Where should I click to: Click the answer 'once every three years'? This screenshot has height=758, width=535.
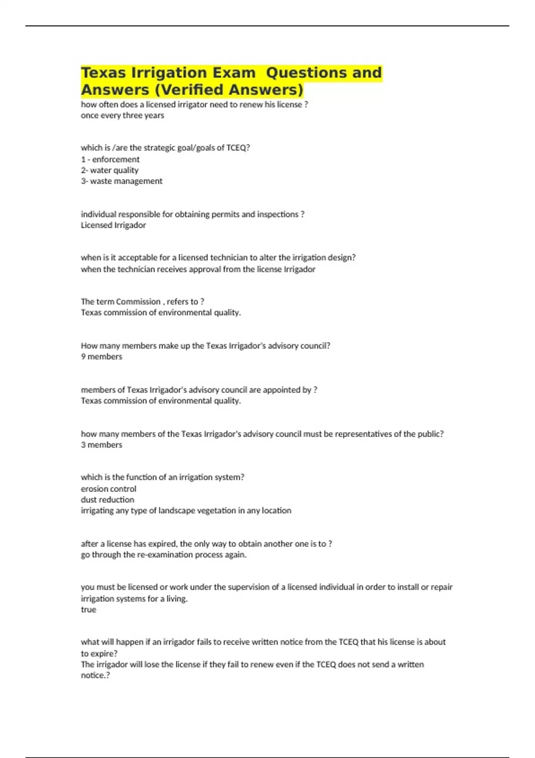click(122, 115)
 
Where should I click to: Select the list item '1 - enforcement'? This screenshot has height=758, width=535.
click(110, 160)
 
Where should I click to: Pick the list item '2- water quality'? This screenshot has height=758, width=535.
click(110, 170)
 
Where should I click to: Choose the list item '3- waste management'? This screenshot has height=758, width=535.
click(121, 181)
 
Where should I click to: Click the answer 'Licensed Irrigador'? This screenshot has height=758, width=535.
click(113, 225)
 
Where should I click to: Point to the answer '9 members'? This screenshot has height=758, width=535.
click(101, 357)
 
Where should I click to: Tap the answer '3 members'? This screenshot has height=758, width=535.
click(101, 445)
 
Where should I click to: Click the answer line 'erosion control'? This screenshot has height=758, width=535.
click(108, 489)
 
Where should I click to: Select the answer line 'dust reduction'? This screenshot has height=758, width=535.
click(107, 500)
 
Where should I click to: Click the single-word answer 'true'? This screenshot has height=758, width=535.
click(88, 610)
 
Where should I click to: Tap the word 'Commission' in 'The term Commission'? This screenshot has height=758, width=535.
click(138, 302)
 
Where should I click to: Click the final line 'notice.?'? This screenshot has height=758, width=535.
click(95, 676)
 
